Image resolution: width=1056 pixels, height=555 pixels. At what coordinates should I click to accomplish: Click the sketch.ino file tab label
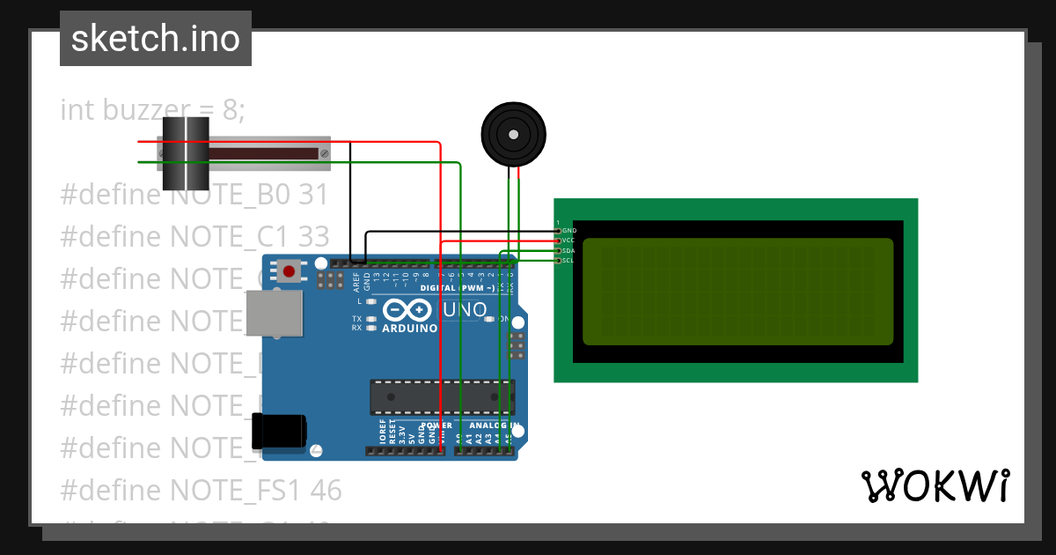click(x=155, y=39)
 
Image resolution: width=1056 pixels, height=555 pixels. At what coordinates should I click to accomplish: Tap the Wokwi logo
click(x=934, y=485)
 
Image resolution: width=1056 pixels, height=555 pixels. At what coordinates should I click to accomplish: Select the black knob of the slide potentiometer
click(x=185, y=153)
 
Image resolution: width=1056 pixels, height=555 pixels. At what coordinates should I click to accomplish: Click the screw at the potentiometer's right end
click(x=324, y=153)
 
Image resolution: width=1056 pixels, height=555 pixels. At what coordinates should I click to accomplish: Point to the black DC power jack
click(x=279, y=432)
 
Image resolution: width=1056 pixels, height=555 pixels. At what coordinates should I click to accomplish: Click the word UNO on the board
click(x=466, y=310)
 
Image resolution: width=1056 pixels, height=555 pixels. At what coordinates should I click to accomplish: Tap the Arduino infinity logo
click(x=407, y=310)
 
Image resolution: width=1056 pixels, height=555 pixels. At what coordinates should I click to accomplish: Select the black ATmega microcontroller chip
click(x=441, y=396)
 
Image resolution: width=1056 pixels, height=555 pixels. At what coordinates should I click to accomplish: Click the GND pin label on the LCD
click(x=568, y=230)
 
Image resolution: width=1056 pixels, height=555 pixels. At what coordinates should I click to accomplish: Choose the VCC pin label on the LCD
click(x=568, y=240)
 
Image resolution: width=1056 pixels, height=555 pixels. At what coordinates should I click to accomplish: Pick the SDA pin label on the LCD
click(x=568, y=250)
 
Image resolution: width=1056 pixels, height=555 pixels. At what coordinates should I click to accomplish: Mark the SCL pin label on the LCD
click(x=568, y=261)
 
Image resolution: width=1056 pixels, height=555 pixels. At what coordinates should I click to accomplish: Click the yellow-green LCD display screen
click(x=737, y=292)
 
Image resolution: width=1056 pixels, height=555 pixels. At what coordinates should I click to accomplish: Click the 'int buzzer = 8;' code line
click(x=152, y=110)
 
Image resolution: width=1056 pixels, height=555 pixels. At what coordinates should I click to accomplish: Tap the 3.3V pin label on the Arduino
click(x=402, y=433)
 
